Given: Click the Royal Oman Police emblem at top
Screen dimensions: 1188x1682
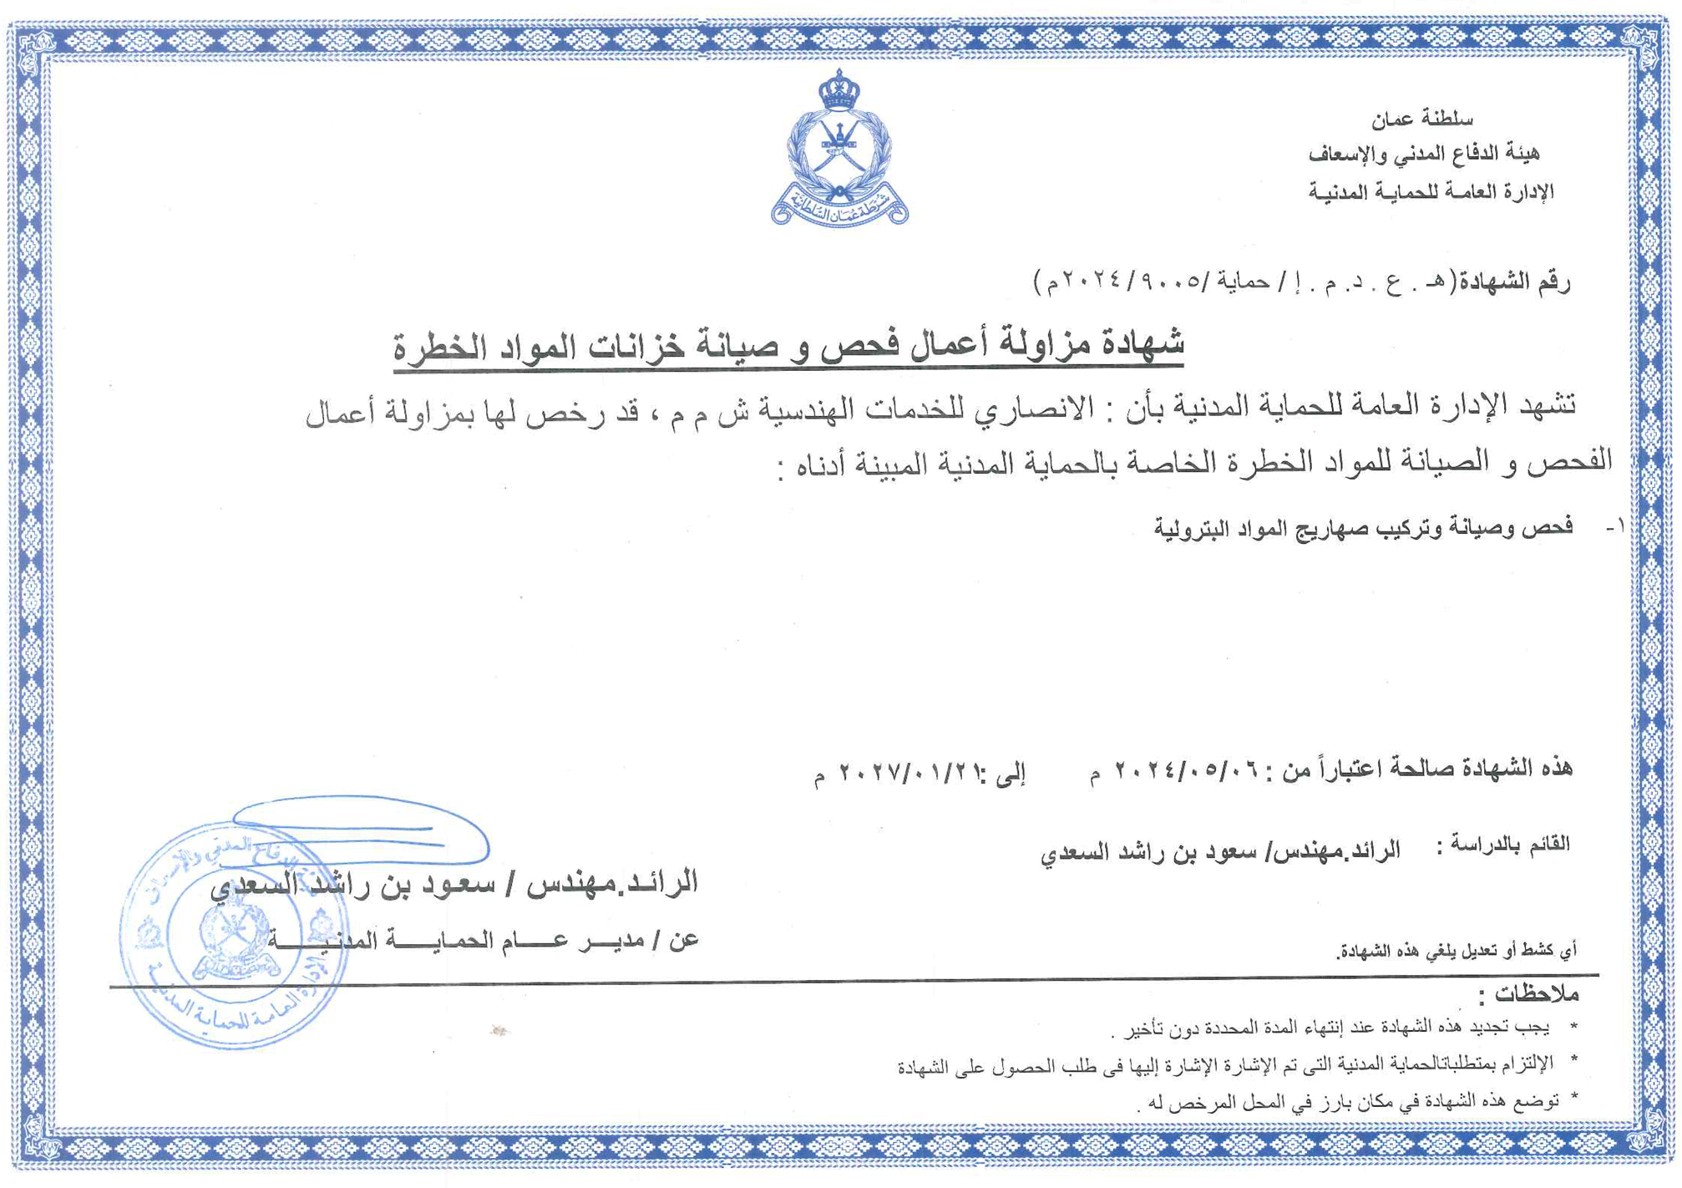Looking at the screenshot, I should (838, 150).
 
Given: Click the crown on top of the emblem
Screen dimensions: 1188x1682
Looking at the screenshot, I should (838, 89).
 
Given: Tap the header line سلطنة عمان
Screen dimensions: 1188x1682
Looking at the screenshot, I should (1421, 119).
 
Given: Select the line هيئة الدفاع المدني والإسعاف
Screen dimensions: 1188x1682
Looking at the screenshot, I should (1423, 154).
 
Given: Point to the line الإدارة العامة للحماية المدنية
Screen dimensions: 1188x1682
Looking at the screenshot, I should (1430, 192).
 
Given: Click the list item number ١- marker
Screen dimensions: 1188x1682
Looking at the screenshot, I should (1615, 527).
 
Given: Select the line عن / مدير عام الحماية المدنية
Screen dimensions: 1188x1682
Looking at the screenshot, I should (484, 941).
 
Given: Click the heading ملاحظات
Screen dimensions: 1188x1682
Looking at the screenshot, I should (1535, 993).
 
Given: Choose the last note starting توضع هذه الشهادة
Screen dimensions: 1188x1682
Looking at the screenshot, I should (1353, 1102).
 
